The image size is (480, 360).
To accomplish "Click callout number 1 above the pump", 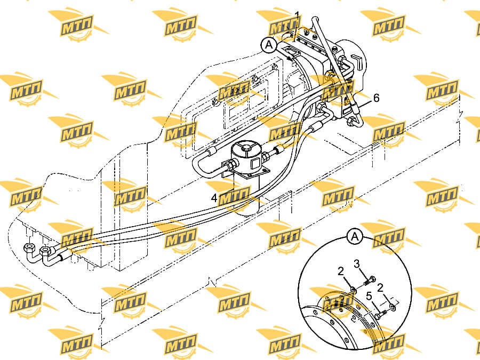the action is (x=297, y=15).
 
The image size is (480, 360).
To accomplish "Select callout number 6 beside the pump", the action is (x=376, y=98).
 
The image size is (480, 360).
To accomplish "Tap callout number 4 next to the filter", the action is (x=214, y=198).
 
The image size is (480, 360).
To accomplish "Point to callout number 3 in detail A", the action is (x=357, y=263).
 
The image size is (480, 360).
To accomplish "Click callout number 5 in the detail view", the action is (x=369, y=296).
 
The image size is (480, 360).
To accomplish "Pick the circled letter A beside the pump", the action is (x=269, y=45).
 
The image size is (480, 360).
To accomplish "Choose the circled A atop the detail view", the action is (x=355, y=237).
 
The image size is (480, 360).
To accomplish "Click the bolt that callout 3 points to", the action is (x=370, y=281).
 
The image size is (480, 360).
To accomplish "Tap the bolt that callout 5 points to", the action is (x=380, y=314).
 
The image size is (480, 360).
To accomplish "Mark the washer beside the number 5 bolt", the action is (x=393, y=307).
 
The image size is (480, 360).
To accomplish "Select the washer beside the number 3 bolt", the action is (x=353, y=289).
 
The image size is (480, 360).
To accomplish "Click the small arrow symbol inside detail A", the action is (x=355, y=318).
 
